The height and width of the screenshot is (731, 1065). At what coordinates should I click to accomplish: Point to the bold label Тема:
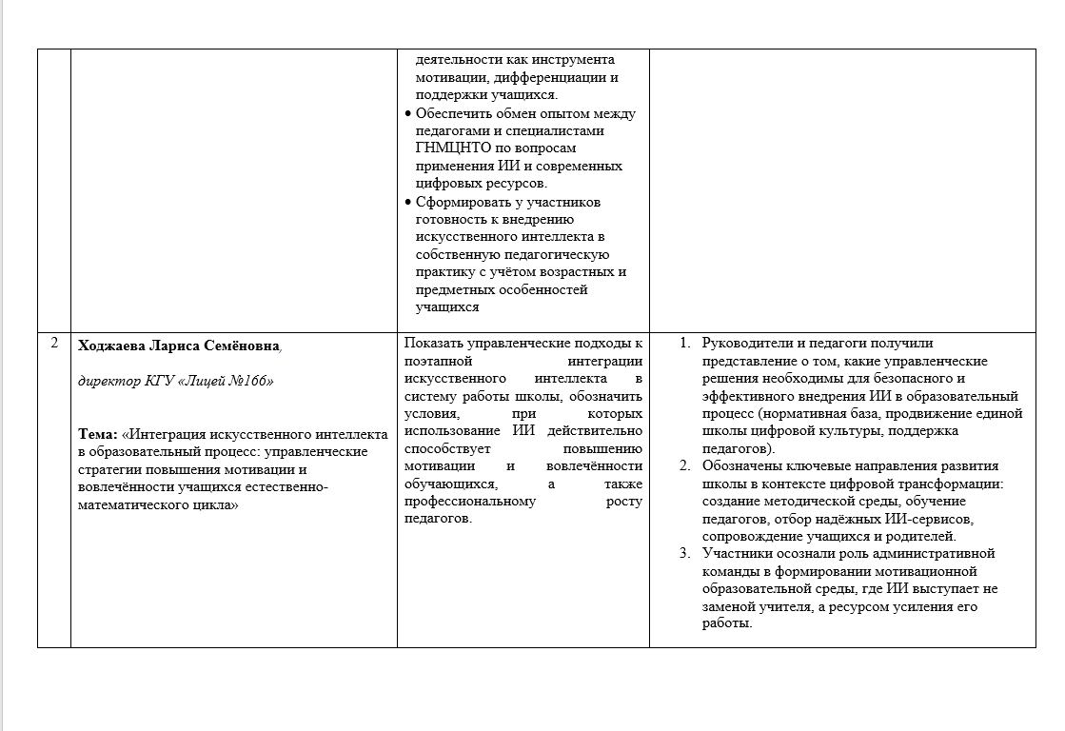[98, 434]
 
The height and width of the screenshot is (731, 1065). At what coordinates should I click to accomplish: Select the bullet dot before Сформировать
[408, 203]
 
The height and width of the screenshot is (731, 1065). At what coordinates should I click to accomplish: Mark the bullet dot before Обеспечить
[408, 114]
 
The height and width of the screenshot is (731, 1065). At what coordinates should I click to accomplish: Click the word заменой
[726, 606]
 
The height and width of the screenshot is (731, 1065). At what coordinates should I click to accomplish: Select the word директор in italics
[107, 381]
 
